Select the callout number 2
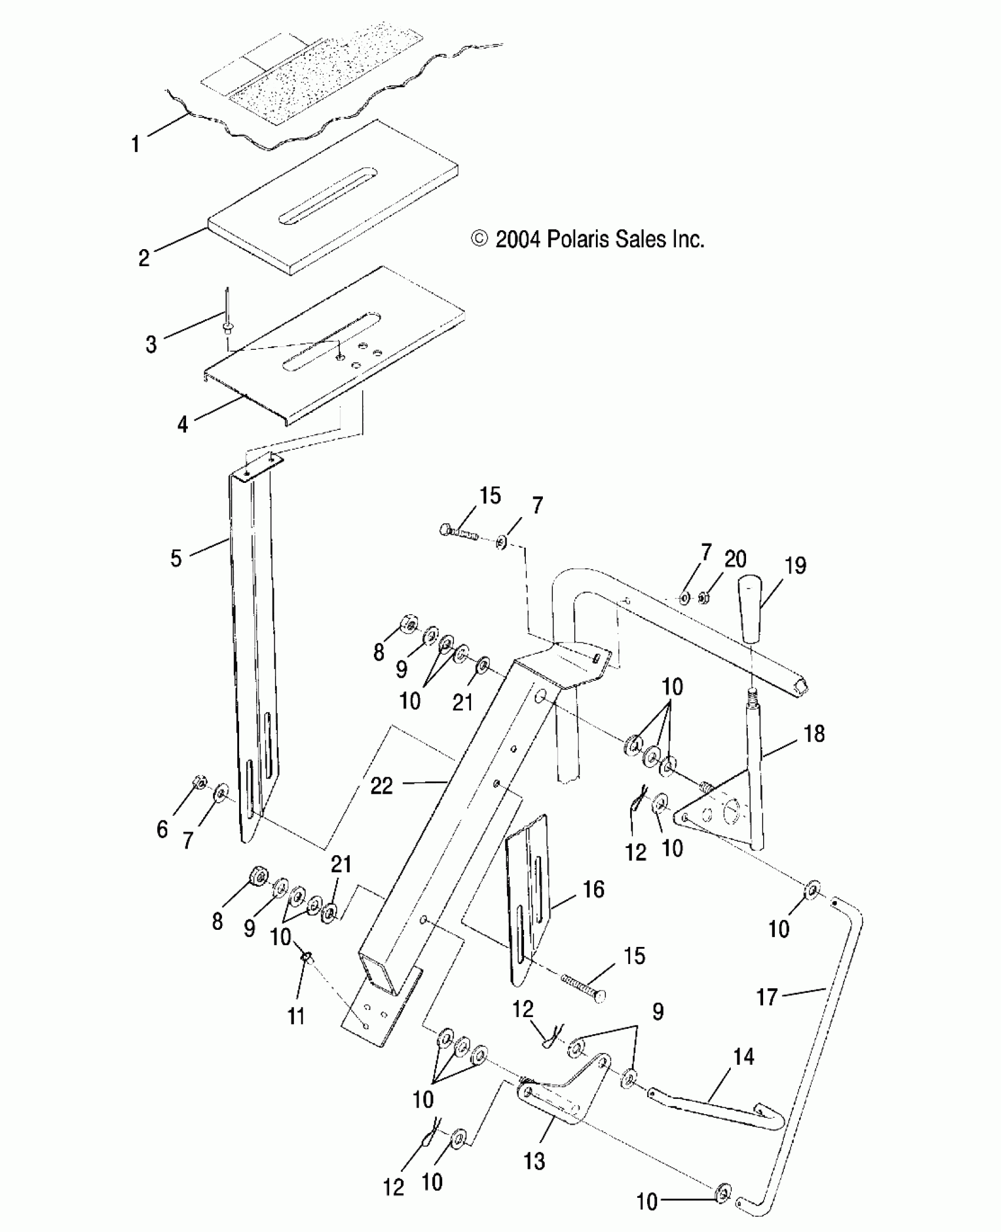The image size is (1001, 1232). click(144, 258)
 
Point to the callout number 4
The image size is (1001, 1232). click(183, 424)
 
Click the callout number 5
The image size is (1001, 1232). click(176, 558)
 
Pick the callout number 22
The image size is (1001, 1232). click(382, 786)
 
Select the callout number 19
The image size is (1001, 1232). click(796, 566)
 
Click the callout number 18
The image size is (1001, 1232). click(814, 734)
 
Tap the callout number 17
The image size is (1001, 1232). click(767, 998)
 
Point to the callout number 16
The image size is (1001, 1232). click(594, 889)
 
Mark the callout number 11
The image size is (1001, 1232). click(296, 1016)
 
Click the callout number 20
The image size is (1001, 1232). click(735, 559)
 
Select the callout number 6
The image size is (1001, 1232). click(163, 830)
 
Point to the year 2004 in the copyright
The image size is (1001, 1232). click(518, 240)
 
